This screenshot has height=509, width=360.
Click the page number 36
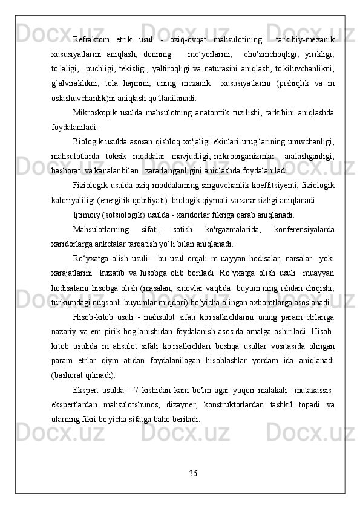(193, 472)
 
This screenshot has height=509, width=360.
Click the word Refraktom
(89, 40)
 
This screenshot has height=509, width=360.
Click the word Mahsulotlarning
(100, 229)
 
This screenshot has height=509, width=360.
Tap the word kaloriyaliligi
(72, 199)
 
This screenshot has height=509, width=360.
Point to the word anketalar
(114, 243)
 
